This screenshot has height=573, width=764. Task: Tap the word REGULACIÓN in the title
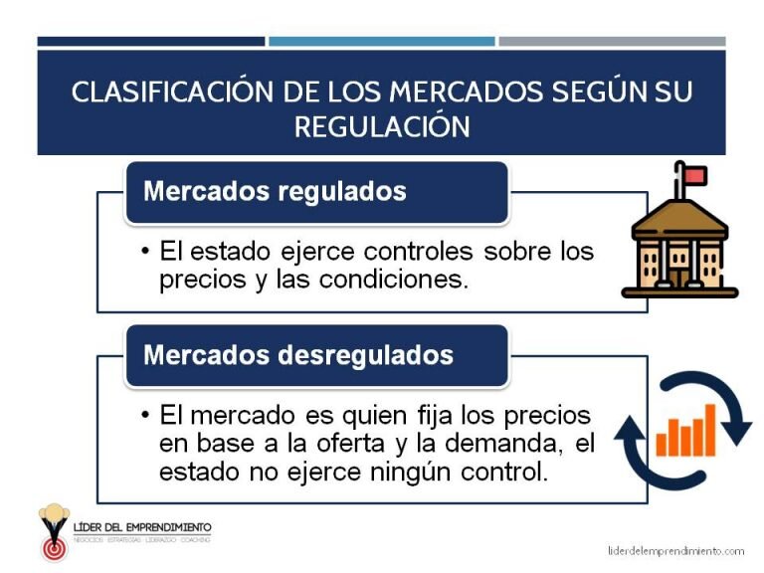pos(381,126)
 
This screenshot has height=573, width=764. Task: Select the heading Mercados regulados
pos(275,191)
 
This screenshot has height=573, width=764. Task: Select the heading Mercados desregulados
pos(298,355)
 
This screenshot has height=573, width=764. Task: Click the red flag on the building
pos(694,176)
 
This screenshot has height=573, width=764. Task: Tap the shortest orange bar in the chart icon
pos(662,441)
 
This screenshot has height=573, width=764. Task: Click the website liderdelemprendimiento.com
pos(675,550)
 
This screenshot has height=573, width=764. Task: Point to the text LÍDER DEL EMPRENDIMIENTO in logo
pos(142,526)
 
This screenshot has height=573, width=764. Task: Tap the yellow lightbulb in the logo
pos(54,518)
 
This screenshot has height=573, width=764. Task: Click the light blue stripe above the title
pos(381,42)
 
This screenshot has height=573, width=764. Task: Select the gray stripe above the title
pos(611,42)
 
